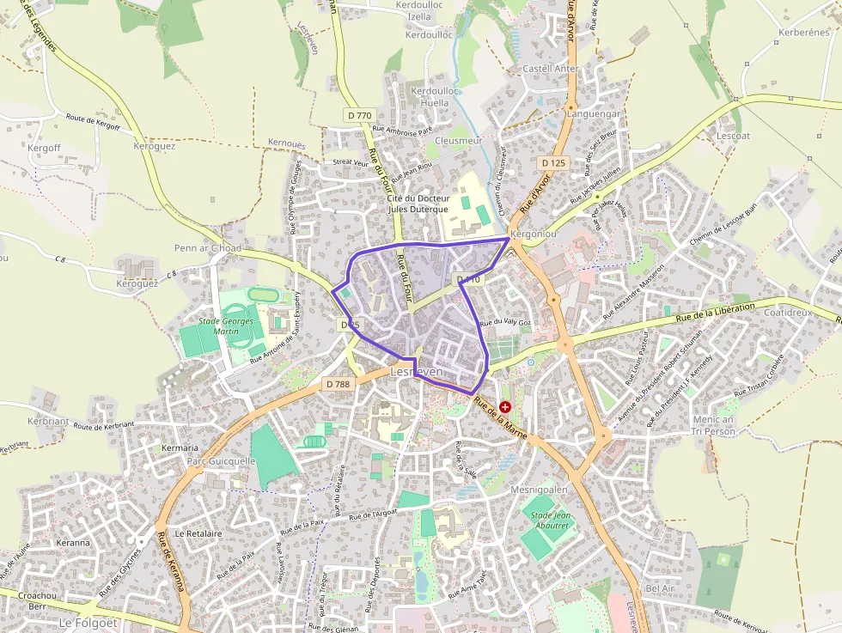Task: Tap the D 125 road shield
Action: (x=554, y=162)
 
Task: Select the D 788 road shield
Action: (x=339, y=384)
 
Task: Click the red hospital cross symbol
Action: (x=505, y=406)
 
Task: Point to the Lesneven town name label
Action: (x=417, y=372)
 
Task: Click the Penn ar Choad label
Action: (x=208, y=248)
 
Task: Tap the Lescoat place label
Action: (x=733, y=136)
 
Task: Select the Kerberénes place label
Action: (x=803, y=33)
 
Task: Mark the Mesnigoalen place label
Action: (x=540, y=489)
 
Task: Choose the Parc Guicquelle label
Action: (x=222, y=460)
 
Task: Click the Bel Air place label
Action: (x=660, y=588)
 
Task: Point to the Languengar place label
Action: (x=593, y=113)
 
